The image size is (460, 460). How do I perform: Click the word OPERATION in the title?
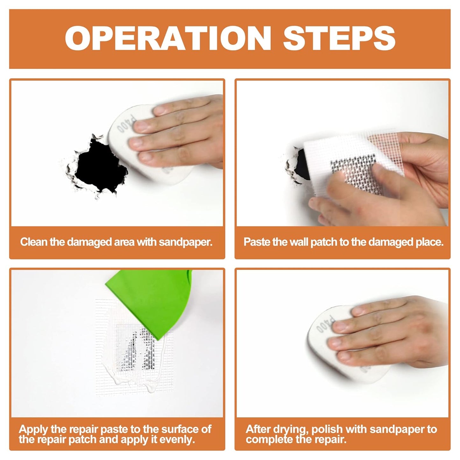[167, 39]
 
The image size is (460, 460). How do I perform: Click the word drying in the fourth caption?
[288, 429]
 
